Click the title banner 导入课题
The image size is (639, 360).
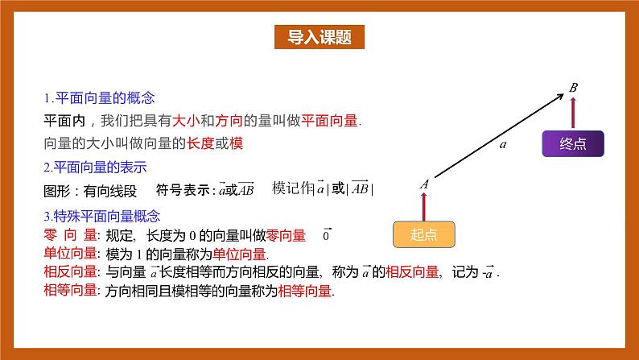(319, 37)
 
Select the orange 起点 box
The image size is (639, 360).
(423, 234)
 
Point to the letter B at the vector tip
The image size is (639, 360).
(573, 87)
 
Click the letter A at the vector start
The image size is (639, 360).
(423, 184)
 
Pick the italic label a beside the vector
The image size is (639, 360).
(503, 145)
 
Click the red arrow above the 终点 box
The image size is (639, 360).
(572, 113)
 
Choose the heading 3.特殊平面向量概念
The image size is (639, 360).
(102, 216)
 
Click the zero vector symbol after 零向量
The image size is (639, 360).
(326, 235)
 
